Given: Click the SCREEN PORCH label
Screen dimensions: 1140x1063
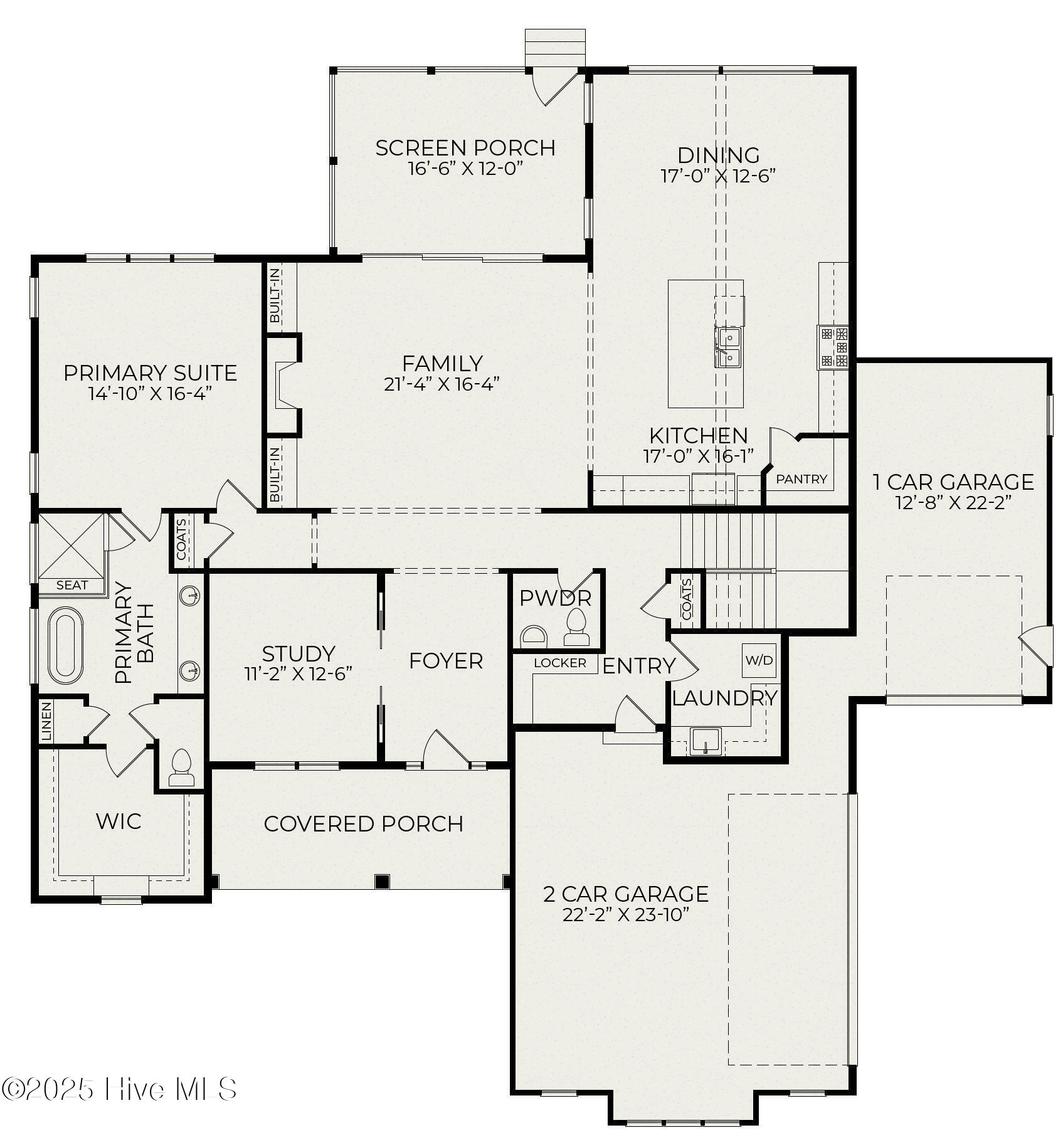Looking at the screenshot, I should [x=465, y=148].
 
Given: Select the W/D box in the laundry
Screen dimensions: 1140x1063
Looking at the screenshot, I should [x=759, y=660].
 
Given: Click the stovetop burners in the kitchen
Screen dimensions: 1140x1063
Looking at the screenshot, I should [x=833, y=347].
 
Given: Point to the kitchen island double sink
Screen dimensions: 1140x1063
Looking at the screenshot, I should [x=728, y=347].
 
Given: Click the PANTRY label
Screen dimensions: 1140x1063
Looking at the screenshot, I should [x=801, y=479].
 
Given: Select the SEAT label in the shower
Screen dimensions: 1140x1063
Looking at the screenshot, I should [x=72, y=585].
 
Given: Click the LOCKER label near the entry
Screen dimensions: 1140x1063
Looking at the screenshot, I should [x=560, y=663].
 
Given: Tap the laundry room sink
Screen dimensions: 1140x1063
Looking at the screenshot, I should [x=706, y=741].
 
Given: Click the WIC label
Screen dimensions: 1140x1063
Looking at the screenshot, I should [x=119, y=821].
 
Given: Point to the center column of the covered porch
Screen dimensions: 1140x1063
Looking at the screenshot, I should [x=382, y=881].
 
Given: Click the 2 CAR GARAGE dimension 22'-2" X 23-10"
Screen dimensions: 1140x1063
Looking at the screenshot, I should [x=625, y=915].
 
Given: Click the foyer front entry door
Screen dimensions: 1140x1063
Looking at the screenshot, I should [x=445, y=750].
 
